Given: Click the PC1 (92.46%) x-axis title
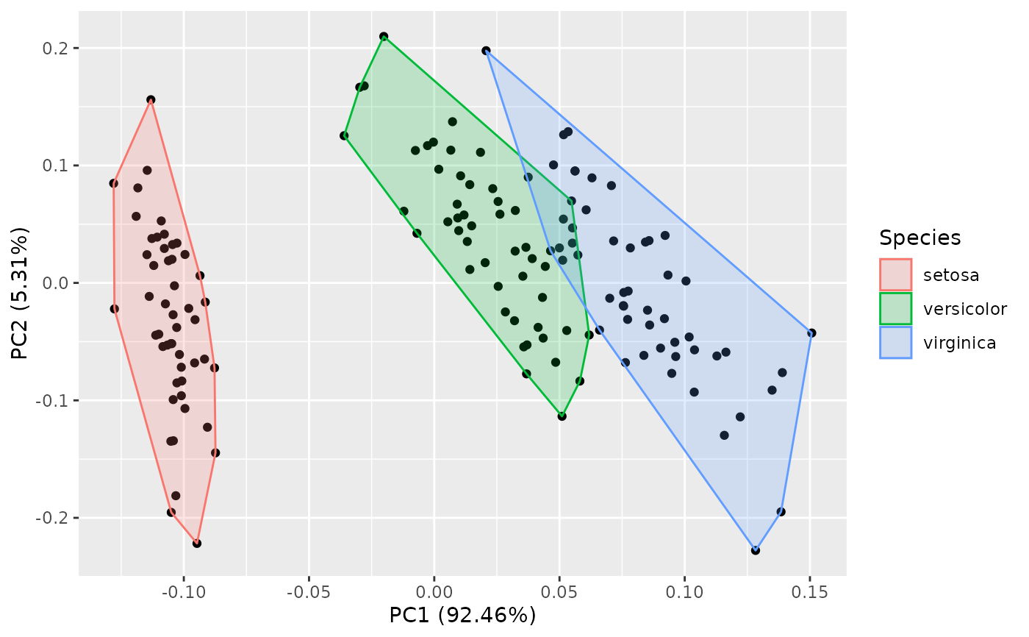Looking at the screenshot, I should pos(462,615).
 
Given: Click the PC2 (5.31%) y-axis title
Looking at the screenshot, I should pos(21,284).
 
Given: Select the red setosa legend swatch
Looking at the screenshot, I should pos(895,274).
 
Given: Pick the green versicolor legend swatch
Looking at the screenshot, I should pos(895,308).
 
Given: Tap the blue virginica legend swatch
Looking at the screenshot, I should pos(895,342).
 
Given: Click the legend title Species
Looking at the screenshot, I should pos(920,238).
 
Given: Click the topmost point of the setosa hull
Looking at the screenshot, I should pos(151,100).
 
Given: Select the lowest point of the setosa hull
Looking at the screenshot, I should pos(197,544).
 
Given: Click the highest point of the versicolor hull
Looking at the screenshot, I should pos(384,36).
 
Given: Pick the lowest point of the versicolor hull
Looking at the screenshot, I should pos(562,416).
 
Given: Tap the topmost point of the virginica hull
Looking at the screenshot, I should pos(486,51).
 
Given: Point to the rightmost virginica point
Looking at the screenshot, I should pos(811,333).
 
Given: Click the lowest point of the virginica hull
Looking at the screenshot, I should pos(756,550).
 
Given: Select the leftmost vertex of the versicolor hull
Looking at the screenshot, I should pos(344,135).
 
